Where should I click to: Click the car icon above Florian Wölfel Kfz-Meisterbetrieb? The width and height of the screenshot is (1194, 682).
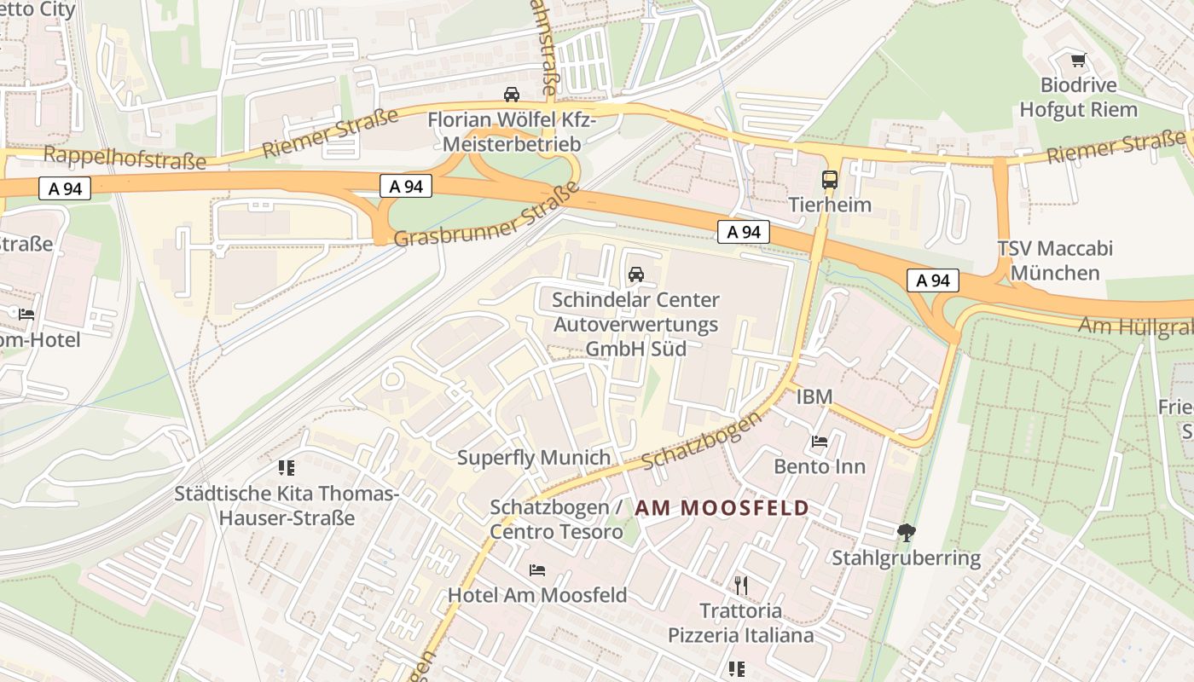click(x=511, y=95)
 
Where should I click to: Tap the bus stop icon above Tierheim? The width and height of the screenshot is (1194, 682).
click(x=830, y=180)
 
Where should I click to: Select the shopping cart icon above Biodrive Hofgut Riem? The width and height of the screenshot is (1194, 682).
click(x=1078, y=61)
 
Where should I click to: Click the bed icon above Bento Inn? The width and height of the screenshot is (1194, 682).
click(x=819, y=442)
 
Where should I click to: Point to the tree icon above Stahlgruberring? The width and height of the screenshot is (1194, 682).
click(x=906, y=534)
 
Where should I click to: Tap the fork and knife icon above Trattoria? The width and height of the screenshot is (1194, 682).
click(x=740, y=586)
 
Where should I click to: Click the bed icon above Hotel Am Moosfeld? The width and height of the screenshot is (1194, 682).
click(x=536, y=570)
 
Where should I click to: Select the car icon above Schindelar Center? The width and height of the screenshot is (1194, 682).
click(x=635, y=275)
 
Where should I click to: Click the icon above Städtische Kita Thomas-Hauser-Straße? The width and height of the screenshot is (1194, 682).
click(x=286, y=468)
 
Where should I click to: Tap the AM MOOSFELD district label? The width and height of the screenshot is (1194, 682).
click(x=722, y=508)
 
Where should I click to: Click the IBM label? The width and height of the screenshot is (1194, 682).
click(x=814, y=396)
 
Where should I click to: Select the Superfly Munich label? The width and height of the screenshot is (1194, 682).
click(x=534, y=458)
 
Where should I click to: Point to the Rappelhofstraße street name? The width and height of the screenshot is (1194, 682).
click(x=125, y=158)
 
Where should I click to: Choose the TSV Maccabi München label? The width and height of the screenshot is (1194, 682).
click(x=1055, y=261)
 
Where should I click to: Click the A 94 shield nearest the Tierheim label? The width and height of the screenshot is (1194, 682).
click(x=743, y=232)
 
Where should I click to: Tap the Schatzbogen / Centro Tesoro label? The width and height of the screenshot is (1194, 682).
click(x=557, y=519)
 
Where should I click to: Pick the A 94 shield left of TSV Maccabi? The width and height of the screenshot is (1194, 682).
click(x=932, y=280)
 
